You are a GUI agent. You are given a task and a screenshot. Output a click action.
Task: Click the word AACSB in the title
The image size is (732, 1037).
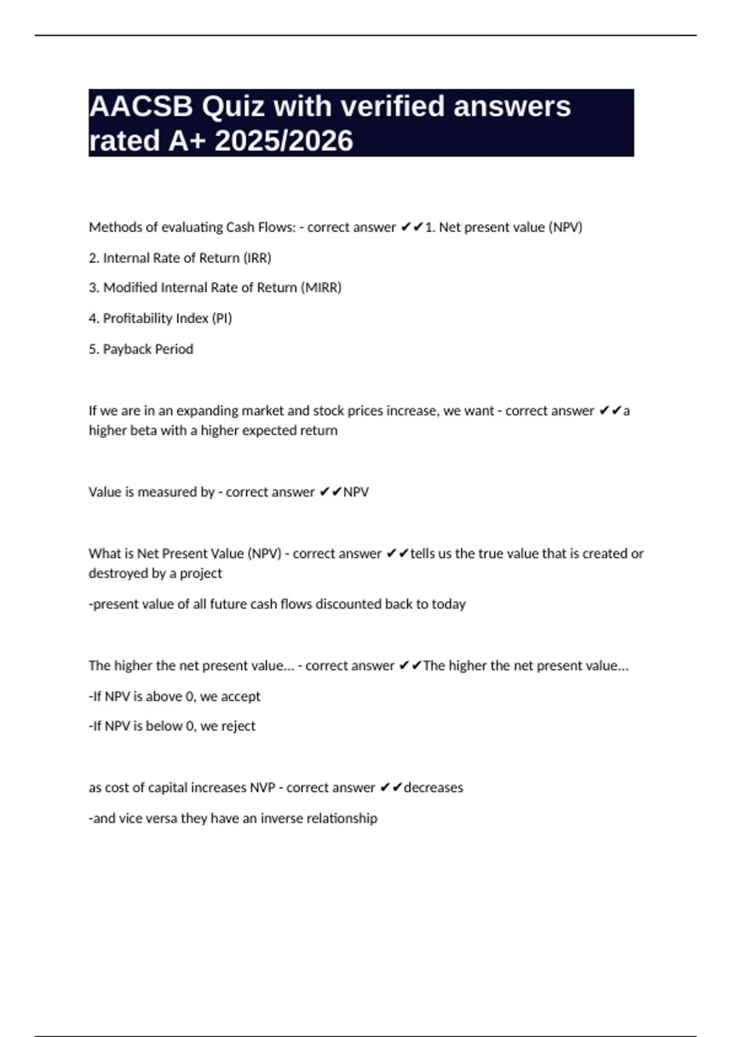141,107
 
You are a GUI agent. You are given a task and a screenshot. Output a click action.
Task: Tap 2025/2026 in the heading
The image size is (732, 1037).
284,141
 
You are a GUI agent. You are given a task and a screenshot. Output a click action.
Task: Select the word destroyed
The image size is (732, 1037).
116,573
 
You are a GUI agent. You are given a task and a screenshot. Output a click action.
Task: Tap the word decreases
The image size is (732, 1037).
433,788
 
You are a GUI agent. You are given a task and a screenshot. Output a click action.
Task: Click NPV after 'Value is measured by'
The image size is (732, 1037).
356,492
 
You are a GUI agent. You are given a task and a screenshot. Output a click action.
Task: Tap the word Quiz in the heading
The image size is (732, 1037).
234,107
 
